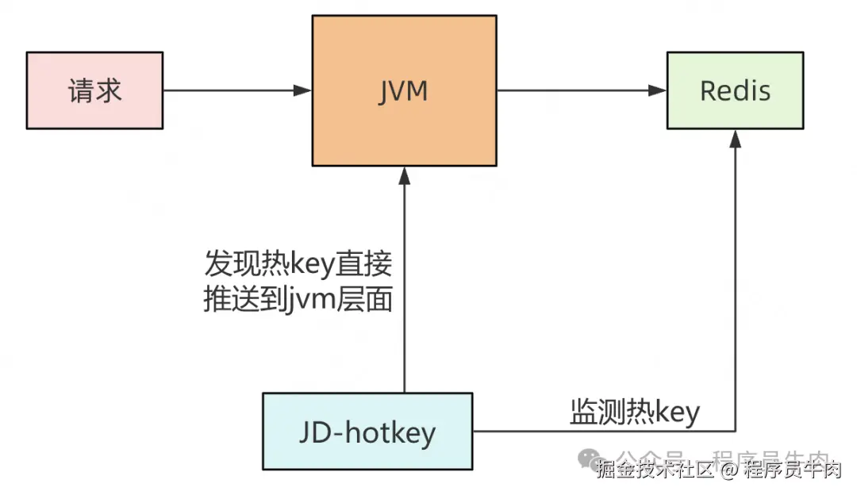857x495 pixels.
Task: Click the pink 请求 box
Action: (x=94, y=90)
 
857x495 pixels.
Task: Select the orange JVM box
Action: (x=405, y=90)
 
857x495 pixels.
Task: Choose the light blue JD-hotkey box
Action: (x=367, y=432)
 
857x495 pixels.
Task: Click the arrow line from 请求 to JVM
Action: (x=230, y=90)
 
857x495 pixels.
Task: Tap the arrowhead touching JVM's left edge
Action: (x=303, y=90)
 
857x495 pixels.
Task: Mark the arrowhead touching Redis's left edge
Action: (x=658, y=90)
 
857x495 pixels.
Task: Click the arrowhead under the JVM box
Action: (x=405, y=175)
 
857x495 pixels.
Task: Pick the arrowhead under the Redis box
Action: (x=736, y=139)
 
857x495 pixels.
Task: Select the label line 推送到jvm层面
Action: (x=298, y=301)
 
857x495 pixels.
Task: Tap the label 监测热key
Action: (x=635, y=412)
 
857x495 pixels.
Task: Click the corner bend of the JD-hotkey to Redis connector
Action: (x=736, y=432)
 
